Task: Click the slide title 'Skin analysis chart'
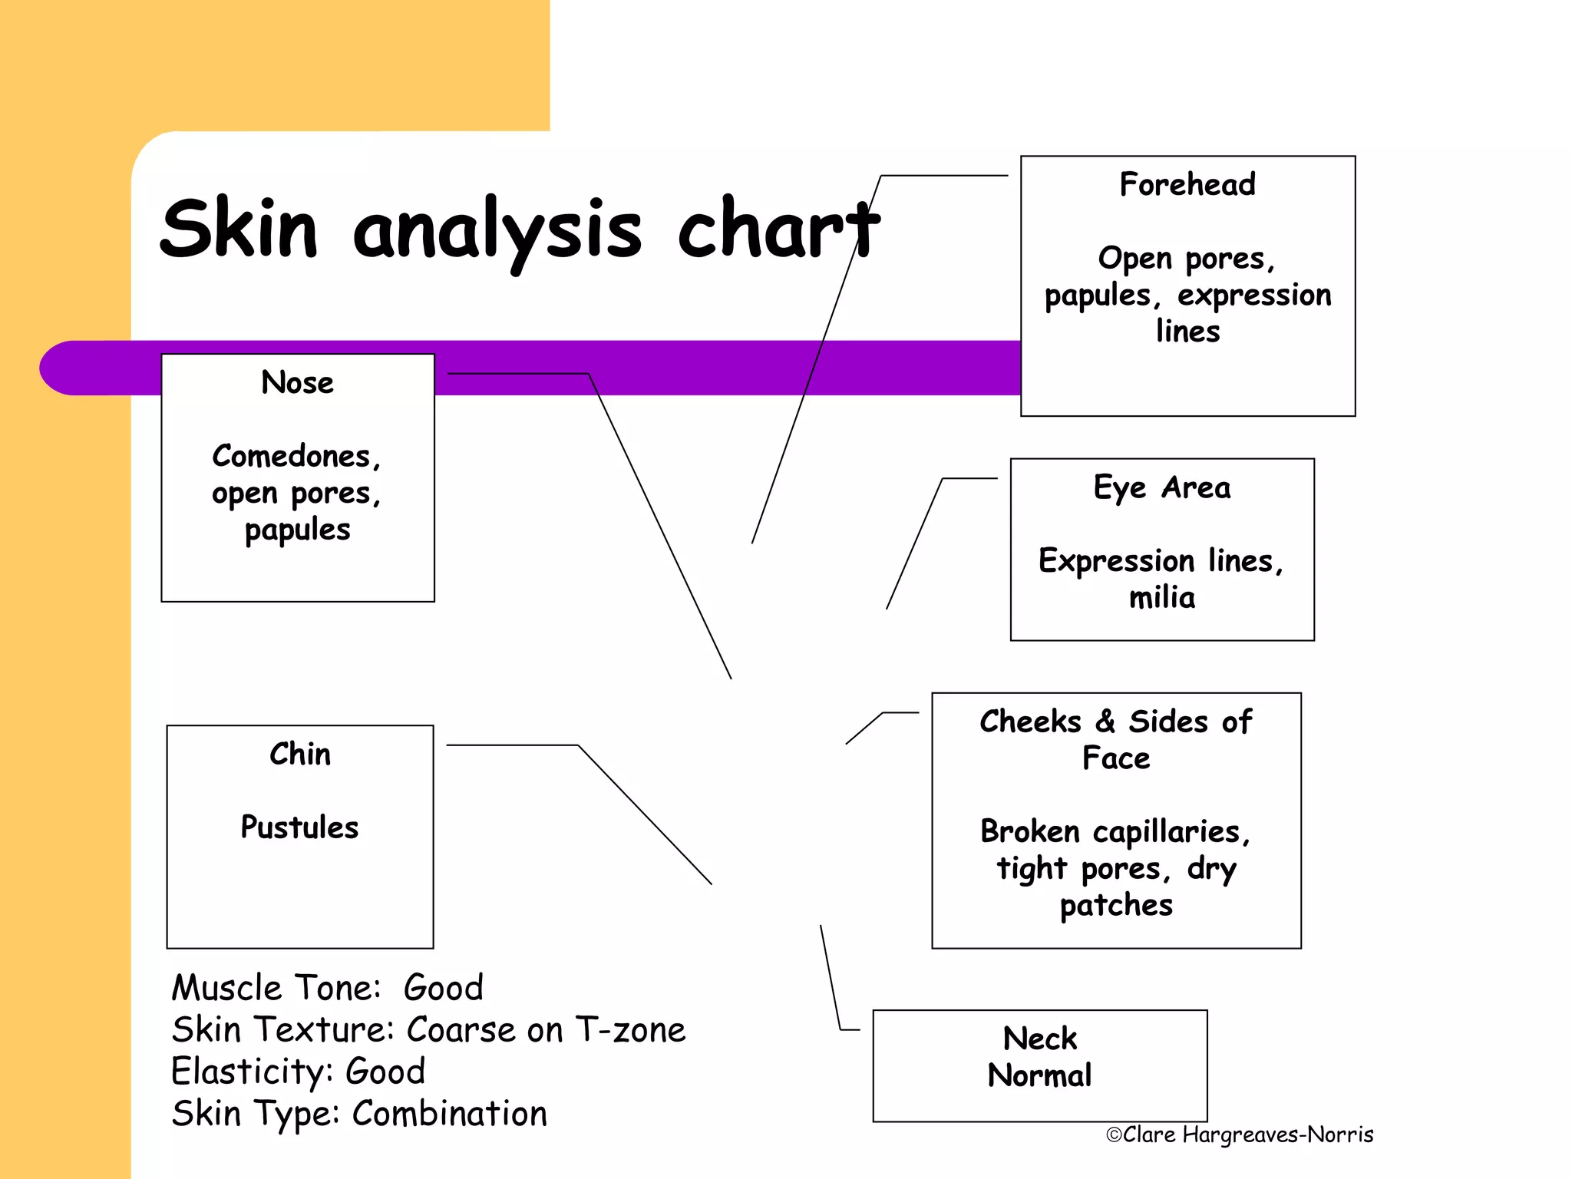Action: tap(519, 230)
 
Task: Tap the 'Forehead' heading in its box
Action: tap(1187, 185)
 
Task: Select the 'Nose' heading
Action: tap(298, 382)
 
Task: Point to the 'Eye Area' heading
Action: tap(1162, 488)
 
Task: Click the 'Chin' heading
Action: tap(300, 755)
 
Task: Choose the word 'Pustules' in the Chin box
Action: tap(299, 827)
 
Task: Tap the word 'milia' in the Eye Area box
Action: tap(1162, 598)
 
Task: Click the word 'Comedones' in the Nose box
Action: tap(292, 457)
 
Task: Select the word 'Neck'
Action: tap(1040, 1039)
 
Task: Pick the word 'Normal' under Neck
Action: tap(1040, 1076)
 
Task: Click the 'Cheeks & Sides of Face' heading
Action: tap(1116, 739)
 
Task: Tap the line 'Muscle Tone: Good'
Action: tap(328, 988)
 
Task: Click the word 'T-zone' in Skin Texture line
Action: tap(630, 1030)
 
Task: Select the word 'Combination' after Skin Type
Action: tap(450, 1114)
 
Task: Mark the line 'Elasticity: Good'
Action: tap(299, 1072)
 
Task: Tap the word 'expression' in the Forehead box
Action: tap(1254, 296)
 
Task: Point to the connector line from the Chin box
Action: tap(645, 814)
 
